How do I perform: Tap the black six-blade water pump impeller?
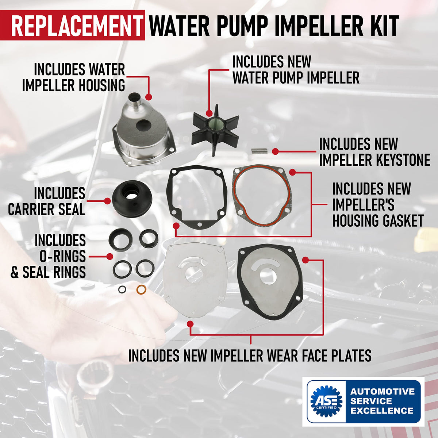215,130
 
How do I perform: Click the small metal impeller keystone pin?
260,151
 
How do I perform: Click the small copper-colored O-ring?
141,289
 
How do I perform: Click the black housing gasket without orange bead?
197,197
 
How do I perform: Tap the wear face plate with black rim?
270,282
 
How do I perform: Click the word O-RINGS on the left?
63,256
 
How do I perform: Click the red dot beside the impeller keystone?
275,151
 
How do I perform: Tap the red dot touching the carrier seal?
108,201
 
